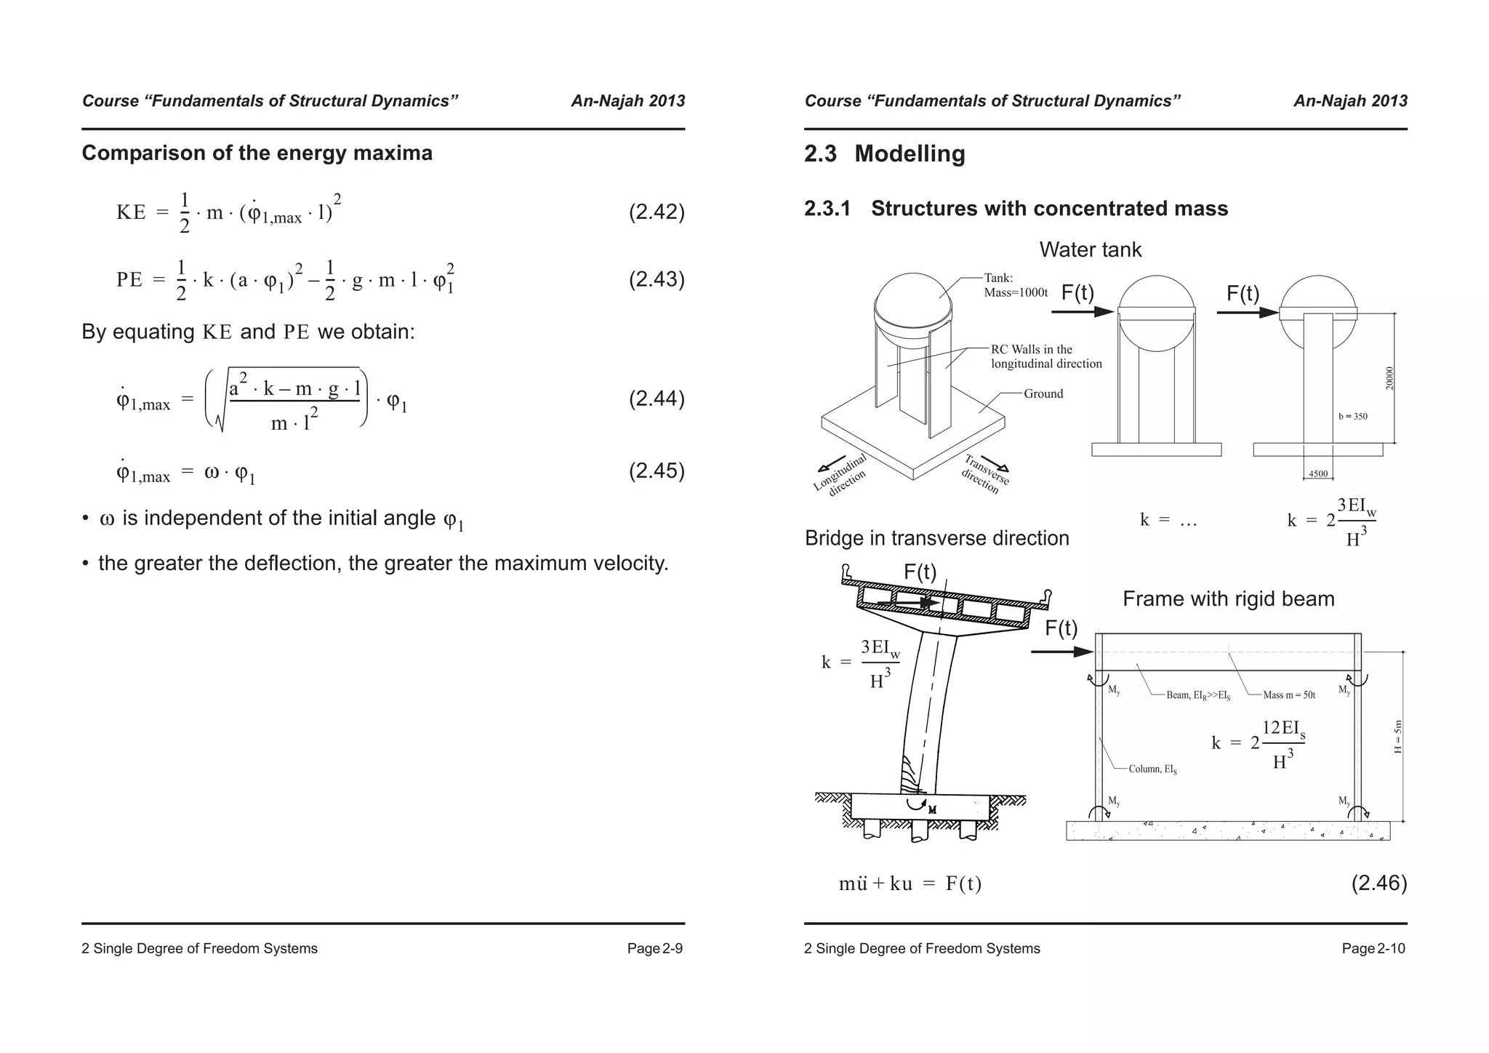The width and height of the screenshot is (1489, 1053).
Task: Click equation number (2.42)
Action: [x=656, y=212]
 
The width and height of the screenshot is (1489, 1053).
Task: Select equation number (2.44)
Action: [x=656, y=399]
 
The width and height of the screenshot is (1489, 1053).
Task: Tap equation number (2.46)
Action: [x=1378, y=883]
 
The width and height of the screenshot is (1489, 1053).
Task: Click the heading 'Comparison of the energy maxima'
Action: [x=257, y=153]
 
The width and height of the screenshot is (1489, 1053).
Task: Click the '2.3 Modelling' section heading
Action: [x=884, y=154]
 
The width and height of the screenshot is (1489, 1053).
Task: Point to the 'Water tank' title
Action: [x=1090, y=250]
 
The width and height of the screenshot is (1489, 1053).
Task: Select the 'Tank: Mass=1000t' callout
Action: [x=1015, y=285]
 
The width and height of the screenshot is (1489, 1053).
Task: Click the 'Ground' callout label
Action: [x=1043, y=393]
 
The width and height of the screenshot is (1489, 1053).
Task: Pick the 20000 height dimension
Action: [x=1389, y=378]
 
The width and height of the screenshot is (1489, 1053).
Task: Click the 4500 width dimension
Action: [x=1317, y=474]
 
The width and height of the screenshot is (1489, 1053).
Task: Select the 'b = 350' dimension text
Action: [x=1352, y=417]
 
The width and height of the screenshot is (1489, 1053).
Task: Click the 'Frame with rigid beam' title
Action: [x=1228, y=599]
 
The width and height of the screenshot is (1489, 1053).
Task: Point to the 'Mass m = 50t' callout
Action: [x=1288, y=695]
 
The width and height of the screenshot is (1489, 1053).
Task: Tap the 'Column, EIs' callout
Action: [x=1152, y=769]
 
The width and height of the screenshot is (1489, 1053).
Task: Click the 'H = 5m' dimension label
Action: [x=1397, y=736]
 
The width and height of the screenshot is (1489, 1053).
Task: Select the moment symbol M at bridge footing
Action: [x=932, y=809]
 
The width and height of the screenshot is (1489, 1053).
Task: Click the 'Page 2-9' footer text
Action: [x=654, y=948]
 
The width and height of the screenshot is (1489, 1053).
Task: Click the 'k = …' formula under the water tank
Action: [x=1168, y=520]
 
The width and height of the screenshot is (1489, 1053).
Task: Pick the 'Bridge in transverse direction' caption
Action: [x=936, y=538]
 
